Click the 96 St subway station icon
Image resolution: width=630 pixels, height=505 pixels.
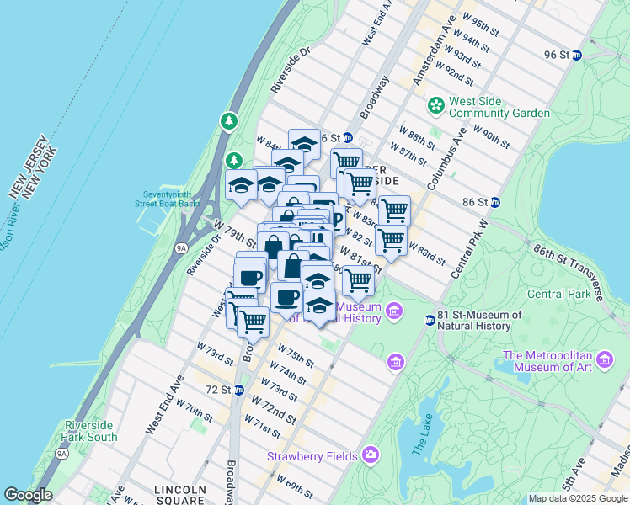[577, 56]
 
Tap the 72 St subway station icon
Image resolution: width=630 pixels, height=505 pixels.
[238, 390]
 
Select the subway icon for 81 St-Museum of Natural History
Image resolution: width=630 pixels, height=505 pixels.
[430, 320]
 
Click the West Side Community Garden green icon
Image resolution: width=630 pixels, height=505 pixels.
[435, 106]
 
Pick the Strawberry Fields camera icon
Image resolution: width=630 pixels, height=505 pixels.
[371, 455]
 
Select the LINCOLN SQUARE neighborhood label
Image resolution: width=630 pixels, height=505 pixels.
[181, 490]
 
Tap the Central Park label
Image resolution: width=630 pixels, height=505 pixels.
[558, 294]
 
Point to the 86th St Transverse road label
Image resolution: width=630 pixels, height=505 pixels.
[572, 267]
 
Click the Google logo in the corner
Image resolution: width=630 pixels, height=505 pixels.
[28, 495]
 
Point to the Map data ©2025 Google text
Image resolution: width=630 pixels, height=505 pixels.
[578, 498]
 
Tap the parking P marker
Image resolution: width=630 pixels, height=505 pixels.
[334, 221]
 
